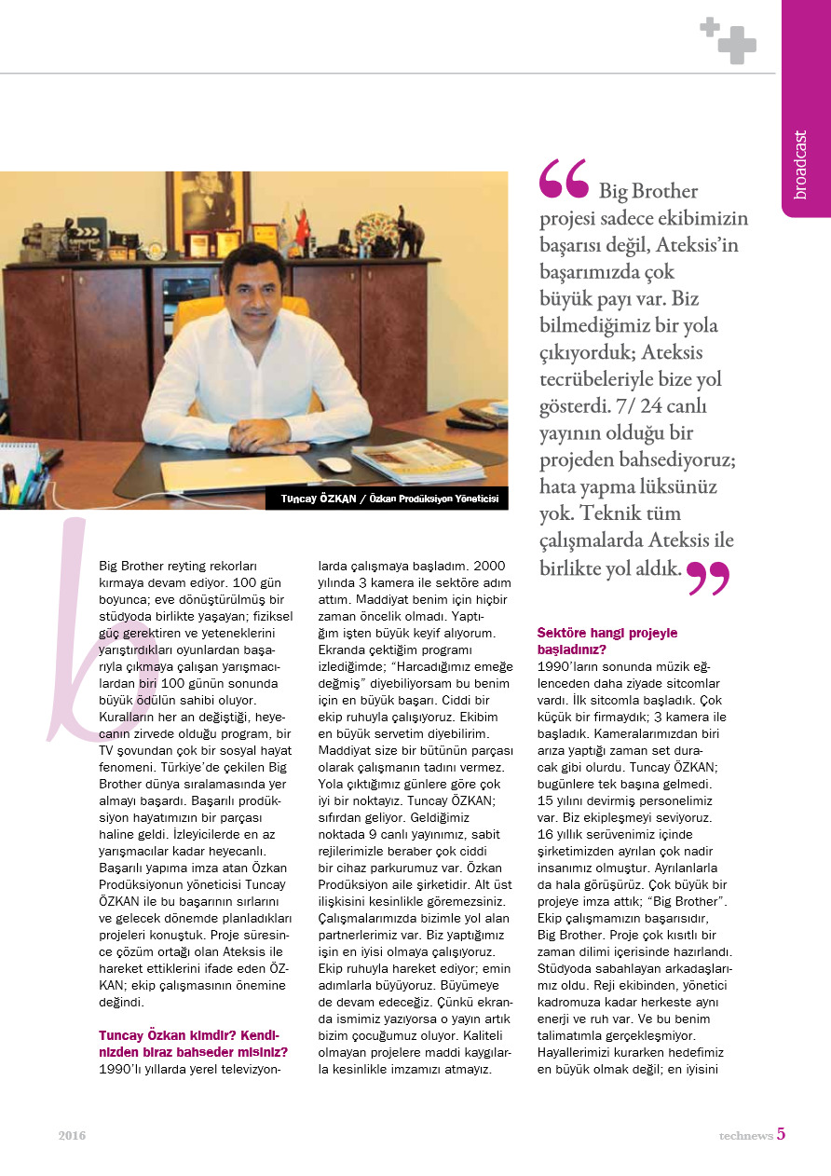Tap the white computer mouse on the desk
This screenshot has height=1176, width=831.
point(334,464)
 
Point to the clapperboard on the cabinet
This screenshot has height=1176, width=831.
point(90,228)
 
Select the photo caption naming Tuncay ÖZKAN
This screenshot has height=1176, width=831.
point(389,499)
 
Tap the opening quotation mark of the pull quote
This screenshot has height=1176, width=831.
point(563,179)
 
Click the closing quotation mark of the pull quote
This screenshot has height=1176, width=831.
point(709,578)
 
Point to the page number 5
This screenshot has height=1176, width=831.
point(782,1134)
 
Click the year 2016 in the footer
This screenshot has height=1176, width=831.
point(72,1136)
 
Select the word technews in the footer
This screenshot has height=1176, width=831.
point(745,1135)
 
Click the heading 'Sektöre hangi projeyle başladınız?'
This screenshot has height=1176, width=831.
point(607,641)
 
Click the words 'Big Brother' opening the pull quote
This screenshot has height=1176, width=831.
point(648,192)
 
